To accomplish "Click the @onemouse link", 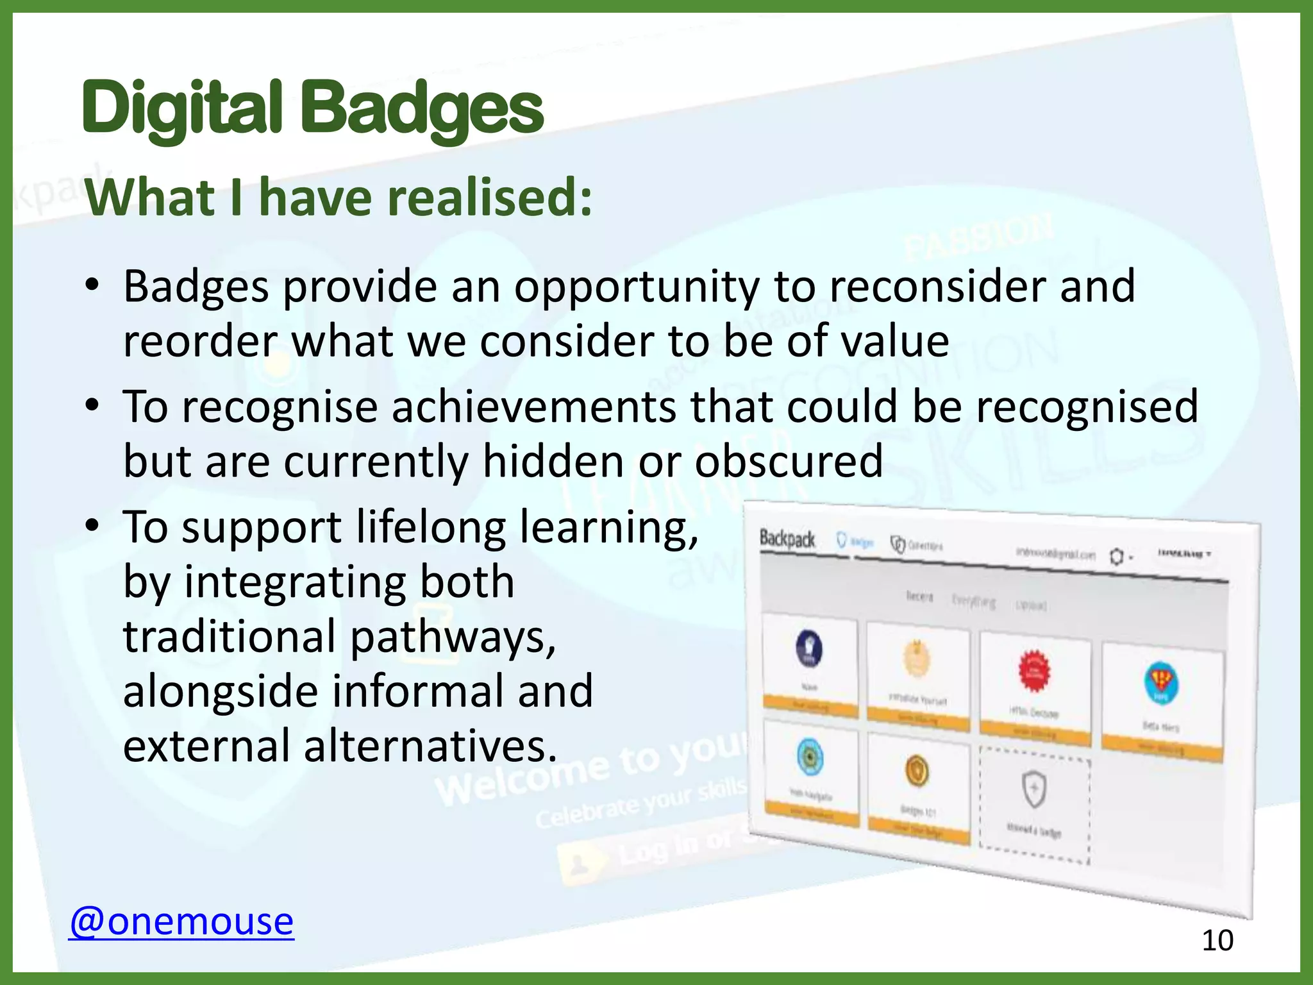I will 181,922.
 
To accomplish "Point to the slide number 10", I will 1217,941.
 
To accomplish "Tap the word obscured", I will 789,461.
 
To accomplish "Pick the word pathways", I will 453,637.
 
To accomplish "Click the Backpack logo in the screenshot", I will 787,539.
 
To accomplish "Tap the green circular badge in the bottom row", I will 810,757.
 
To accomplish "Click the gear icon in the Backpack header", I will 1116,556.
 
